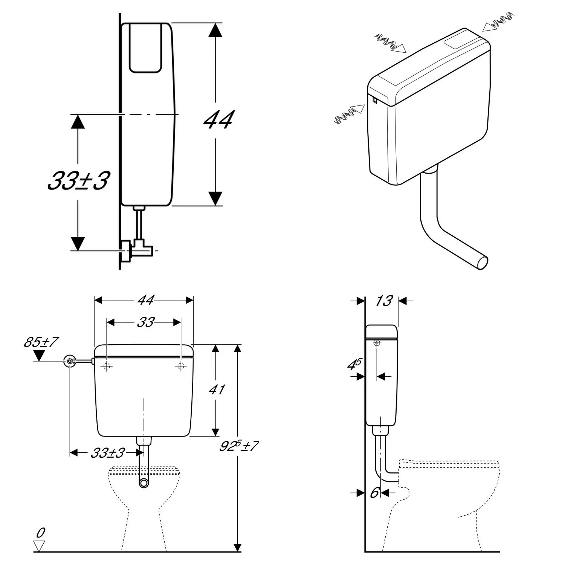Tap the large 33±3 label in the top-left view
pos(79,180)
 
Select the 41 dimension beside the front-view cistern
pos(217,389)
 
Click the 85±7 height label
pos(41,342)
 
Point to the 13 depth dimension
pos(384,301)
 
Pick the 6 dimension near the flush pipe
pos(374,493)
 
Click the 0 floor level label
pos(40,533)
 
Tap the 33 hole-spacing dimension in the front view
pos(145,322)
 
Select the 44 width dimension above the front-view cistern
pos(145,300)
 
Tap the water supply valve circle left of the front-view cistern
pos(70,361)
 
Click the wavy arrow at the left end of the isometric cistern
pos(350,113)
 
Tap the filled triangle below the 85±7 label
pos(39,355)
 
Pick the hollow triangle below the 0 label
pos(39,546)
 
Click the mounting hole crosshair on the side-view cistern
pos(377,343)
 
